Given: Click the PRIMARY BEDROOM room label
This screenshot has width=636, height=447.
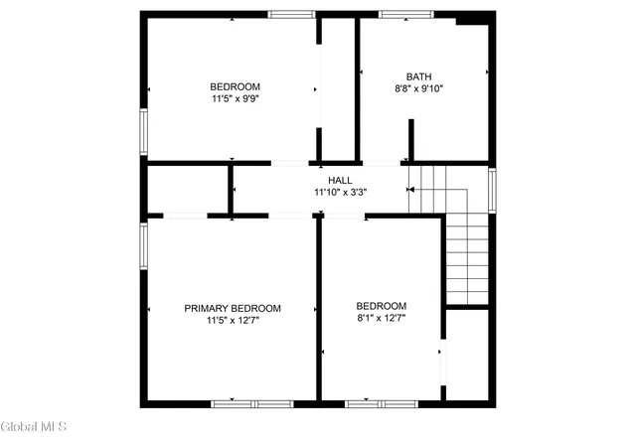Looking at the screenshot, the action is [233, 308].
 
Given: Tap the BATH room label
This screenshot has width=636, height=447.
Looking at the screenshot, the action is [419, 76].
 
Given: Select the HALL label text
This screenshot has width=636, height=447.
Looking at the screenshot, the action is [340, 180].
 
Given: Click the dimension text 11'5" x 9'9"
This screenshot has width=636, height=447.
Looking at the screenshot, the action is [236, 98].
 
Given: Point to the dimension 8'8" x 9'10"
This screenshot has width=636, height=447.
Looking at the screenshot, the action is [419, 88].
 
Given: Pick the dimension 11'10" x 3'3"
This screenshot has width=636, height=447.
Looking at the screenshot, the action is [340, 193].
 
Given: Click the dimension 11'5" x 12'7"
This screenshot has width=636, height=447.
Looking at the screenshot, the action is [233, 321].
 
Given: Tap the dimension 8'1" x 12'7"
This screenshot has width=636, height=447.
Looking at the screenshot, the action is [382, 318].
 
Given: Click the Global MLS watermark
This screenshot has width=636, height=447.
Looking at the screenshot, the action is [33, 427].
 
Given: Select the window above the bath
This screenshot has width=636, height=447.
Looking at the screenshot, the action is [406, 15].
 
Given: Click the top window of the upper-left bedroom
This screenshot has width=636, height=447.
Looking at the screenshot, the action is [291, 15].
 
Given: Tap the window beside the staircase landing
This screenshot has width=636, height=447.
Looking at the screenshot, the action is [492, 191].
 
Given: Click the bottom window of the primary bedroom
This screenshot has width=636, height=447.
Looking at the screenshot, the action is [252, 404].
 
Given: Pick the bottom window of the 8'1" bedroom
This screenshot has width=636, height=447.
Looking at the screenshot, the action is [382, 404].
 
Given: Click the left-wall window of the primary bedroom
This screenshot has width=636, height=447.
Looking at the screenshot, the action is [143, 246].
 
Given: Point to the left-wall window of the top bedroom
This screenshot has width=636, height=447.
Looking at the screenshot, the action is [143, 132].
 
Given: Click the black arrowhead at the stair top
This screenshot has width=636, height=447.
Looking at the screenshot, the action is [411, 190].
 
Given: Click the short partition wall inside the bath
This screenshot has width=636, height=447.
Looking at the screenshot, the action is [410, 140].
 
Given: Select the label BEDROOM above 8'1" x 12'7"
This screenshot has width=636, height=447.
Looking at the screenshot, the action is [382, 306].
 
